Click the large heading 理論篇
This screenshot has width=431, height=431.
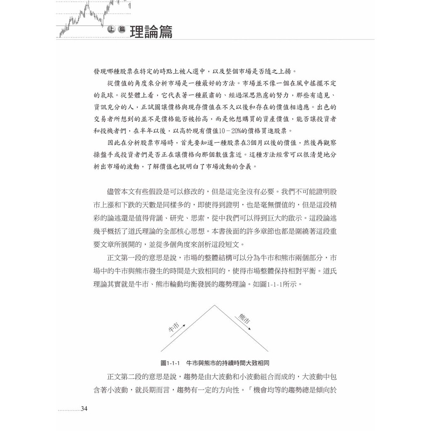click(151, 32)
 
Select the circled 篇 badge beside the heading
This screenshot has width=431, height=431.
click(122, 29)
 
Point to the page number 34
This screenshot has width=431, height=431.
click(84, 409)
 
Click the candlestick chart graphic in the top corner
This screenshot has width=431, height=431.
click(95, 17)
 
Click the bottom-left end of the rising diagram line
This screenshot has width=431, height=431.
click(162, 351)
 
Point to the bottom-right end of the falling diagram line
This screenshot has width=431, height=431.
click(268, 351)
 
